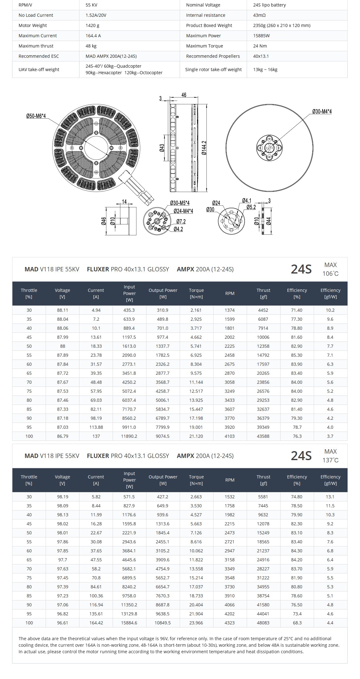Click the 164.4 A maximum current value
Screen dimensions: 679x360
point(93,36)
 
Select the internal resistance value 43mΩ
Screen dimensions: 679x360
point(259,15)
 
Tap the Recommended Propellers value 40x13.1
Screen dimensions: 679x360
point(261,56)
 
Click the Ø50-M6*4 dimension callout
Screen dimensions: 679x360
point(36,116)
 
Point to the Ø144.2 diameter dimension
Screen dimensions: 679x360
point(204,148)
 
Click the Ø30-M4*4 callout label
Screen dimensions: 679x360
point(322,111)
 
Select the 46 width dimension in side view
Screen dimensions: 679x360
point(184,95)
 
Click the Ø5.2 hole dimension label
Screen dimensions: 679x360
point(251,207)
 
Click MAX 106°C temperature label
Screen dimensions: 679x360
point(330,269)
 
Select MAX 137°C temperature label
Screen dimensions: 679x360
point(330,456)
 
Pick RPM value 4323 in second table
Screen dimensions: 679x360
point(230,623)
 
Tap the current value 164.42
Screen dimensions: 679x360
point(96,623)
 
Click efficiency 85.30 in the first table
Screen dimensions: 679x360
point(297,355)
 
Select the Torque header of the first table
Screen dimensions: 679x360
point(196,293)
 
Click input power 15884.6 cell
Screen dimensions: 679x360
point(129,623)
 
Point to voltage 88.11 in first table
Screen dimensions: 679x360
point(62,310)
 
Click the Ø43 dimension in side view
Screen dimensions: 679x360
point(162,148)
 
